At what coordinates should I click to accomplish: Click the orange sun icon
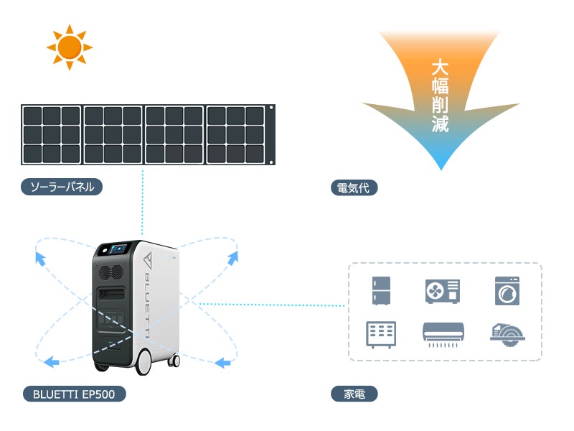70,47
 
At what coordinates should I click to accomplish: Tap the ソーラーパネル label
62,187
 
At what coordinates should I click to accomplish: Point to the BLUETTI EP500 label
74,394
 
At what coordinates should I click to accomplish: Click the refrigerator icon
381,290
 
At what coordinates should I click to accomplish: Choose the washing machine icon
507,290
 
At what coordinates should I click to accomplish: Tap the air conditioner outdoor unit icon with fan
442,290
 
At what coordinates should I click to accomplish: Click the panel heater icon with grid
381,334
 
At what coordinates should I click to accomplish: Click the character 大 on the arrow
440,70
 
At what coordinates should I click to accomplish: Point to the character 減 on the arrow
440,124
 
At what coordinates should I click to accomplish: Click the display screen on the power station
118,250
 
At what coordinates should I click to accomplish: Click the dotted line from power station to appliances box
273,305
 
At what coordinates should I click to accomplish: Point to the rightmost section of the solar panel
236,134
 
